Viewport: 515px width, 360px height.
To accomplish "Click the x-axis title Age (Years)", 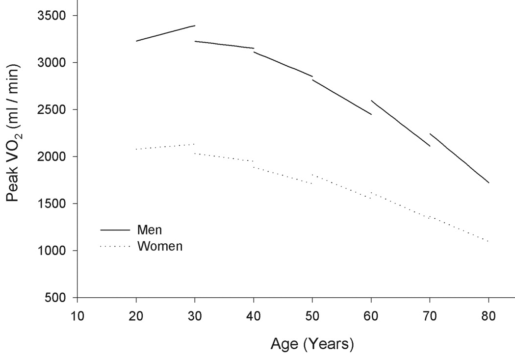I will (311, 344).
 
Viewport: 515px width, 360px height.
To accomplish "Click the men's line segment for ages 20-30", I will (165, 33).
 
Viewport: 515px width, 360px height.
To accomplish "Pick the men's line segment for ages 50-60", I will (342, 97).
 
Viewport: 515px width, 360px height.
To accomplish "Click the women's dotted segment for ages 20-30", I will (165, 147).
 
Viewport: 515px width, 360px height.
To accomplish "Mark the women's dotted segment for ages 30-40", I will (224, 157).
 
